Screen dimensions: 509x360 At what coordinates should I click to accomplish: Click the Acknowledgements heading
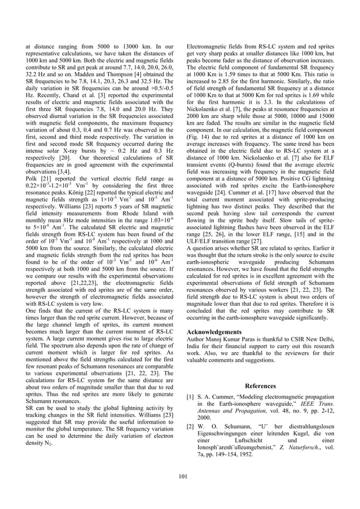(x=214, y=332)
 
